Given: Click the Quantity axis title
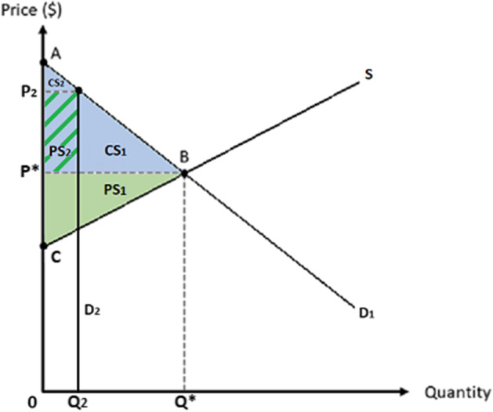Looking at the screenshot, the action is click(x=459, y=391).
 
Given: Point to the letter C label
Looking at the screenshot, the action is click(x=56, y=255).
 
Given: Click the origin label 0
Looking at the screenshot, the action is click(x=32, y=402).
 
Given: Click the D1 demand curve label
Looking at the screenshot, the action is click(x=366, y=314).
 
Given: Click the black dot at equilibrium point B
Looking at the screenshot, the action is click(x=184, y=172).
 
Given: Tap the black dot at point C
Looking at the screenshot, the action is click(x=43, y=244).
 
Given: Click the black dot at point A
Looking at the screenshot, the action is click(x=43, y=60).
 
